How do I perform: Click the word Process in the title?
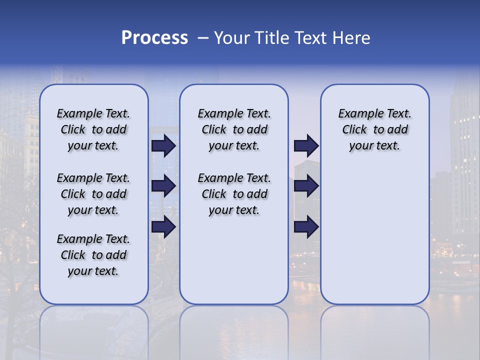(x=154, y=38)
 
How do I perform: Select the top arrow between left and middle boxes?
(x=163, y=145)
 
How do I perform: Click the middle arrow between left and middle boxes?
(x=163, y=186)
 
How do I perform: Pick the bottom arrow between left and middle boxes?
(x=163, y=227)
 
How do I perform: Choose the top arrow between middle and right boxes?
(x=306, y=145)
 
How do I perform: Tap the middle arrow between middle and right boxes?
(x=306, y=186)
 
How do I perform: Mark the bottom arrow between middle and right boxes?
(x=306, y=227)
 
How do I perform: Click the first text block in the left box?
(x=93, y=129)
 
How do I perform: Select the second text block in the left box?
(x=93, y=194)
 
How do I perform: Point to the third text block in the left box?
(x=93, y=255)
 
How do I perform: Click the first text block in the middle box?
(x=234, y=129)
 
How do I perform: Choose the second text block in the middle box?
(x=234, y=194)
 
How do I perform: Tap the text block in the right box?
(x=375, y=129)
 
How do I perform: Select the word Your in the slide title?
(x=232, y=38)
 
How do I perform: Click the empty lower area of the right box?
(x=375, y=235)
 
